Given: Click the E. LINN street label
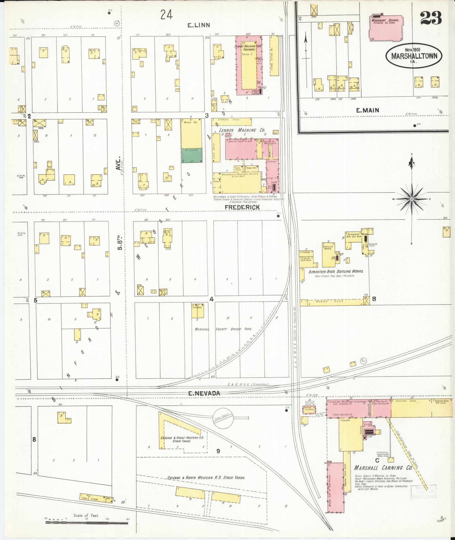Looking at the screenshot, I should point(199,25).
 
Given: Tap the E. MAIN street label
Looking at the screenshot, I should point(367,111).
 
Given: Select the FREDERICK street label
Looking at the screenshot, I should point(242,207).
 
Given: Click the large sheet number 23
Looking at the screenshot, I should point(430,18).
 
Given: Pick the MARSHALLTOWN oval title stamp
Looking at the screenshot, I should point(414,55).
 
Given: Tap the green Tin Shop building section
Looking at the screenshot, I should point(192,155).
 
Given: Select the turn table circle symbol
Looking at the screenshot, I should point(223,417).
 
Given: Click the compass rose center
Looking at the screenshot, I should point(412,199).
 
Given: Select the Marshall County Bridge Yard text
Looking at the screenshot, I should point(223,329).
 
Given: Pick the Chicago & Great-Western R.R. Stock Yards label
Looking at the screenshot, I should point(184,439).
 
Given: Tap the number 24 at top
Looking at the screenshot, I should point(166,14).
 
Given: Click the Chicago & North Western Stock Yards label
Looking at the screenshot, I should point(206,478).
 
